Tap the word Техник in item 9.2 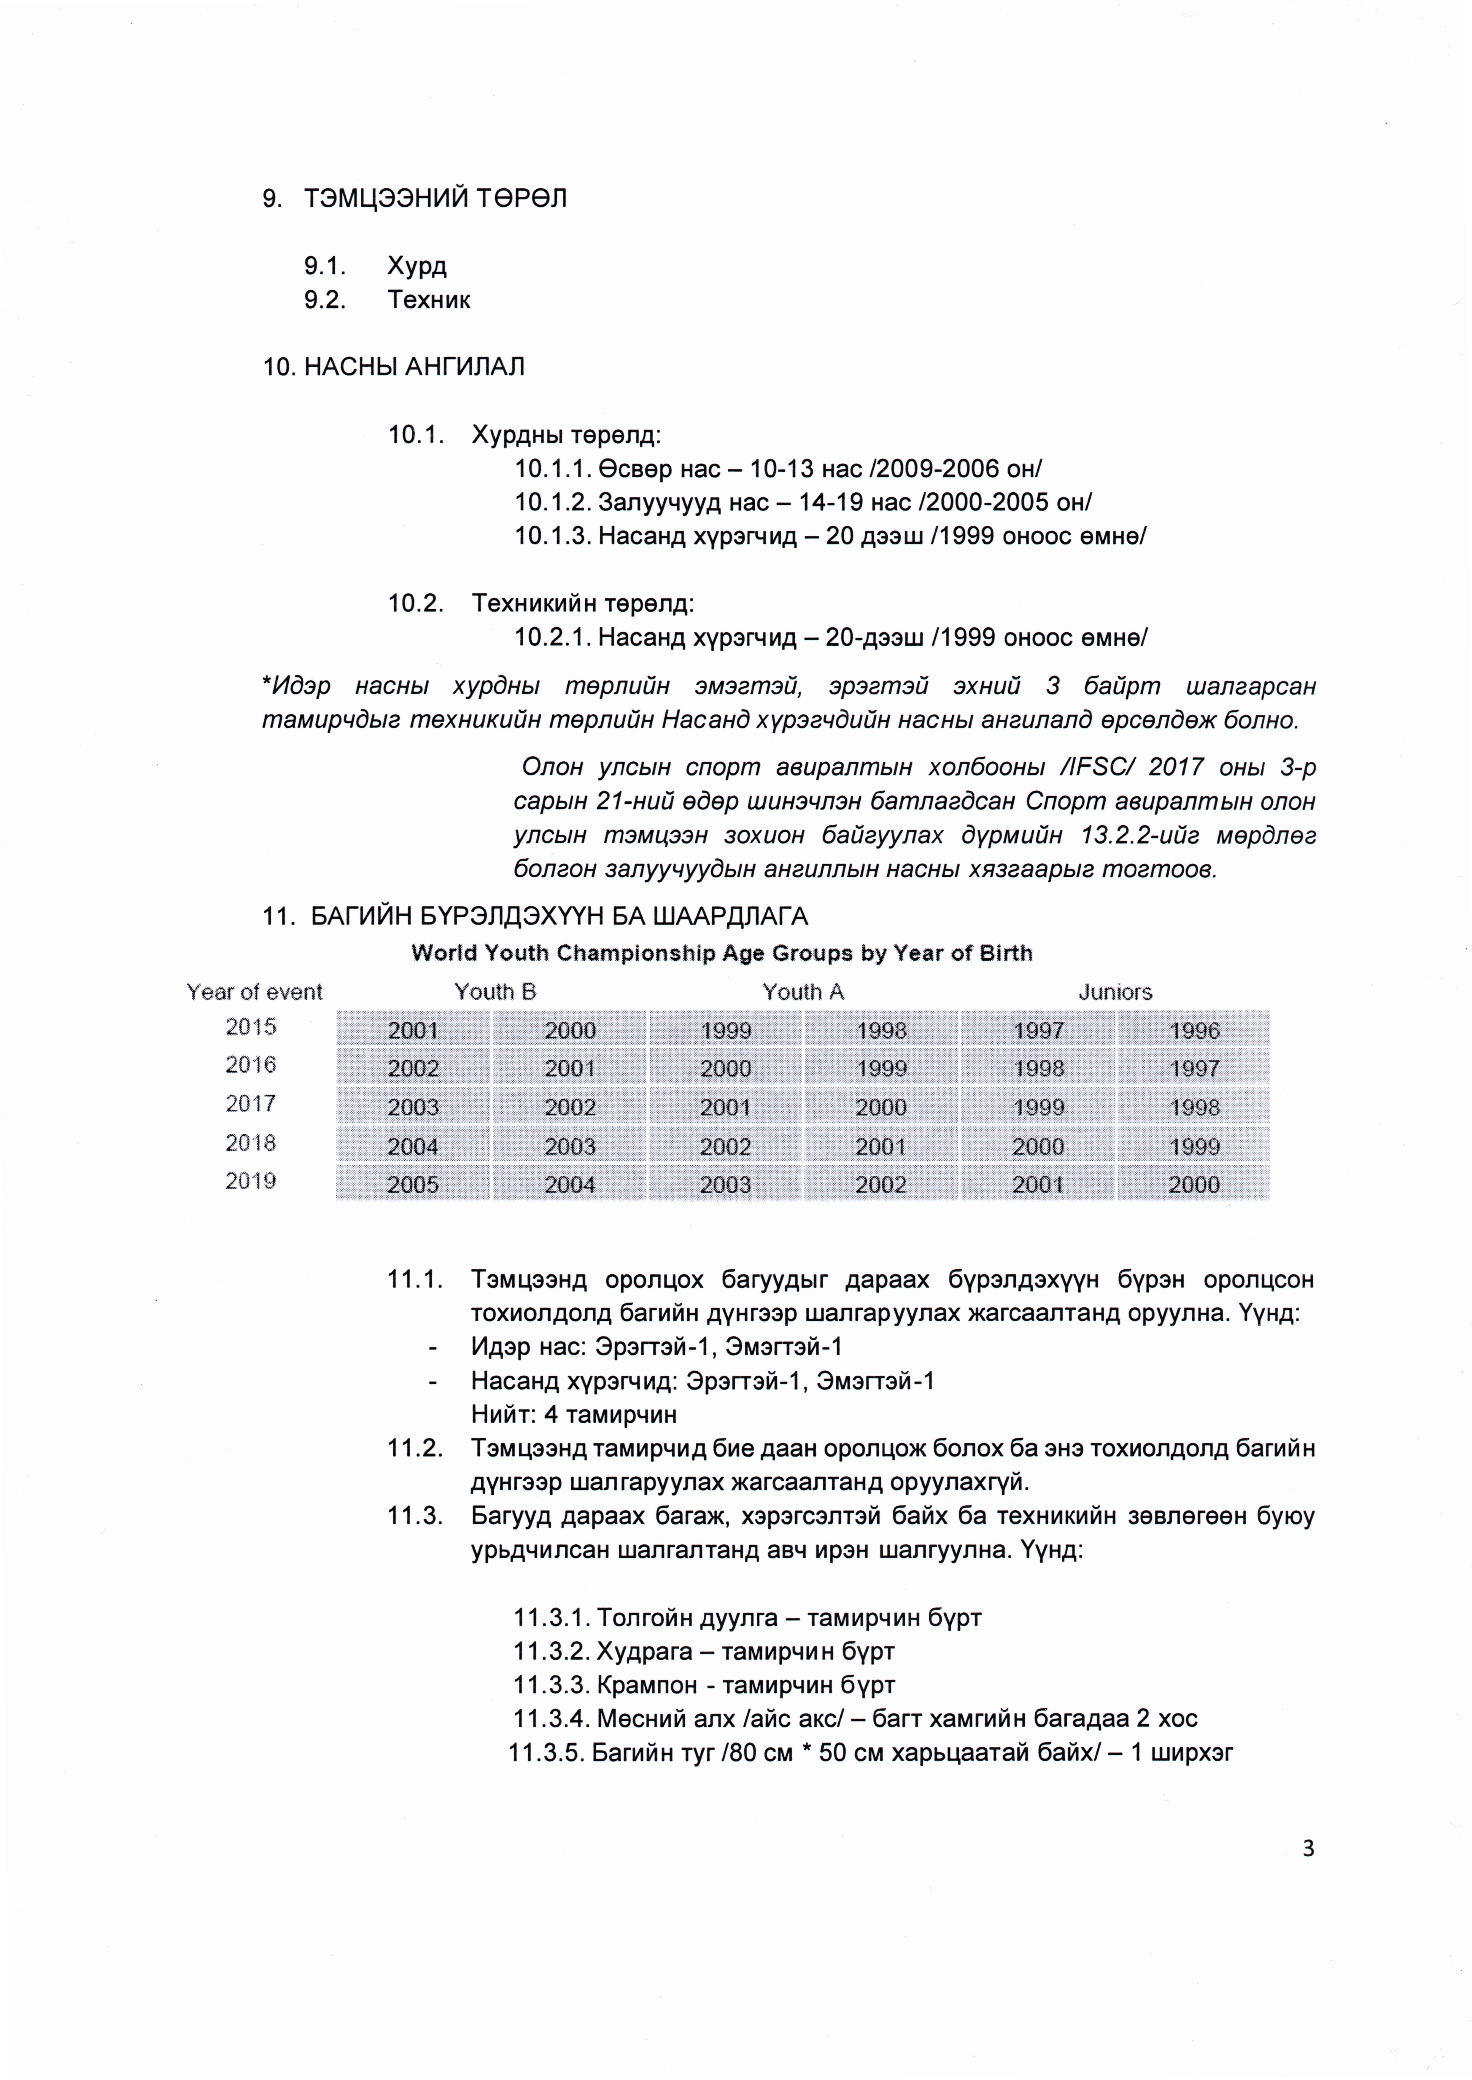click(429, 300)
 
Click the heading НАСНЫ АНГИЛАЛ click(414, 367)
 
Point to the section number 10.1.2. click(552, 502)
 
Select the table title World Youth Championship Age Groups click(721, 954)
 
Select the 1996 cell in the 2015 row click(1194, 1030)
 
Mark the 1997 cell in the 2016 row click(1194, 1069)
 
